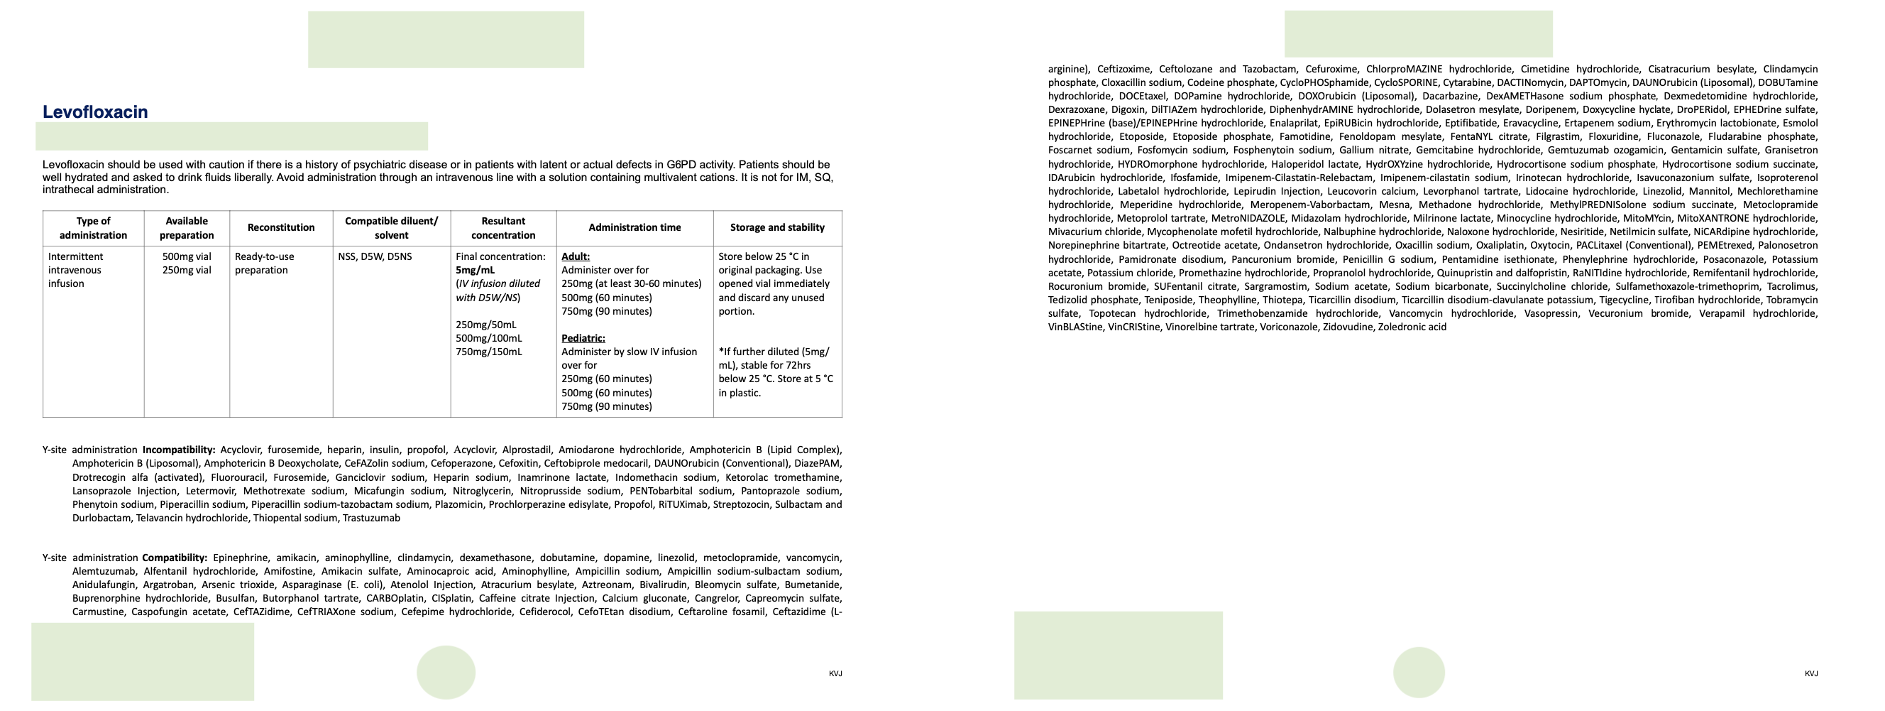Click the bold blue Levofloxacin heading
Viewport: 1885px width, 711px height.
[95, 112]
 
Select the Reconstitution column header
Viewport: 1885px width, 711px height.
[281, 228]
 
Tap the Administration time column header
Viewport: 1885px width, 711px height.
[634, 228]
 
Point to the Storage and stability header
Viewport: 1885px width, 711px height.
[777, 228]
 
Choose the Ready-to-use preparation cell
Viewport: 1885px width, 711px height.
[264, 264]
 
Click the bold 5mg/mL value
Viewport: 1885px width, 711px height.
[475, 270]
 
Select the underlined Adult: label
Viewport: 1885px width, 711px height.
[575, 257]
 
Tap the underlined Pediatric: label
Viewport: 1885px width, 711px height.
[583, 338]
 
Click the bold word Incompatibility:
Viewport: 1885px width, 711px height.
[179, 450]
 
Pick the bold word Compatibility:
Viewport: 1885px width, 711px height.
[175, 558]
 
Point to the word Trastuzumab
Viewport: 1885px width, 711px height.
[371, 519]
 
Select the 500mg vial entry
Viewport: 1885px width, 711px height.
[187, 257]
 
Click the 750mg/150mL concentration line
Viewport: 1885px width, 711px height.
[489, 352]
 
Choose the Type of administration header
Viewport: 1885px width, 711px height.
[93, 228]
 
